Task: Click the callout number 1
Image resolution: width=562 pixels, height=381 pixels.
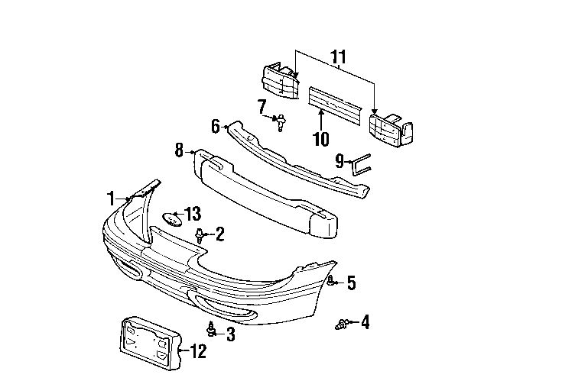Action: (112, 199)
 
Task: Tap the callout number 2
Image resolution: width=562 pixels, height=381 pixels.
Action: (219, 234)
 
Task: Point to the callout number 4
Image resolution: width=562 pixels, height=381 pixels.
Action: (365, 323)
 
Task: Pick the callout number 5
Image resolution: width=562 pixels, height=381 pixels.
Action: (351, 283)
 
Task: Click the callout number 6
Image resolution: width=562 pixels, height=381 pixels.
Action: (216, 124)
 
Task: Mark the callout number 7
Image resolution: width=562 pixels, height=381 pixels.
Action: (262, 106)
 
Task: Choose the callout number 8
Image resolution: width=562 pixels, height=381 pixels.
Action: (179, 150)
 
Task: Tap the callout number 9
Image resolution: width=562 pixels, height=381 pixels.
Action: (339, 161)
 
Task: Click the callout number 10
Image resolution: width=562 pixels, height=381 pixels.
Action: (321, 139)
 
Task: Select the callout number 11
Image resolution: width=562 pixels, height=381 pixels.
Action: (338, 57)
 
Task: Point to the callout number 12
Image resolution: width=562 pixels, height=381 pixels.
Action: (198, 352)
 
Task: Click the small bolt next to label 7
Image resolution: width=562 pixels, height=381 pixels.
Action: (281, 121)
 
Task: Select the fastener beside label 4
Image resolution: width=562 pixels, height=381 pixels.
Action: (342, 325)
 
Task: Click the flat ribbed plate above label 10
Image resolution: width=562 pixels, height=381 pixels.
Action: (336, 102)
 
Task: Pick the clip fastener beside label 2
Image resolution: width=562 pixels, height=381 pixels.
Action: (200, 235)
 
